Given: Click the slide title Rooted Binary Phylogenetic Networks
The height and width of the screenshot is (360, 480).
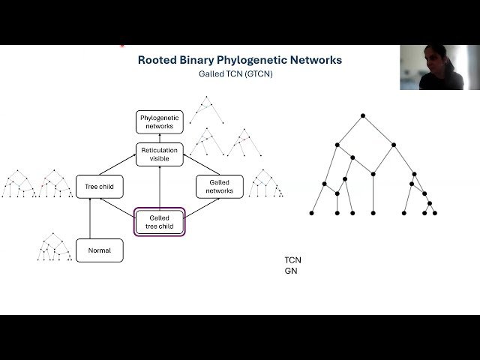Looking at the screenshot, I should (x=241, y=60).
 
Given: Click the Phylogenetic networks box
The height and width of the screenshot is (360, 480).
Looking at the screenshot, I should (x=159, y=121).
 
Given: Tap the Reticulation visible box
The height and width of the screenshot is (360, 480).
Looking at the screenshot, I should (x=159, y=154).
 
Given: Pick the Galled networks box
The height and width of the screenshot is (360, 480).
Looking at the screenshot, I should (x=219, y=186).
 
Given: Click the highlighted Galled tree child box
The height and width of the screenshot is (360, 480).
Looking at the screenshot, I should (x=159, y=222).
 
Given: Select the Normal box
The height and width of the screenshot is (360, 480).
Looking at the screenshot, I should (x=99, y=250).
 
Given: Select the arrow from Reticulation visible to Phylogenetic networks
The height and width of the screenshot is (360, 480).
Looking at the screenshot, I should (x=159, y=138).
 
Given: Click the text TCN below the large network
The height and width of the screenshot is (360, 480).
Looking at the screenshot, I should (x=292, y=260).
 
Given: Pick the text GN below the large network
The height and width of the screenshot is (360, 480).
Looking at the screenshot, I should (x=290, y=271).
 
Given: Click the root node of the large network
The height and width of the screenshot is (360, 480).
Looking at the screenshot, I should (x=363, y=115).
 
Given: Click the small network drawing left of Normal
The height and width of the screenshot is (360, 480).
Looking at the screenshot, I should (x=51, y=247).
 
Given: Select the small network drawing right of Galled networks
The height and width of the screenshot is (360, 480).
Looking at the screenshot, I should (x=265, y=183).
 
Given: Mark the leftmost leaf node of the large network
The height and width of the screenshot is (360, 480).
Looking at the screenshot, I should (x=312, y=213).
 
